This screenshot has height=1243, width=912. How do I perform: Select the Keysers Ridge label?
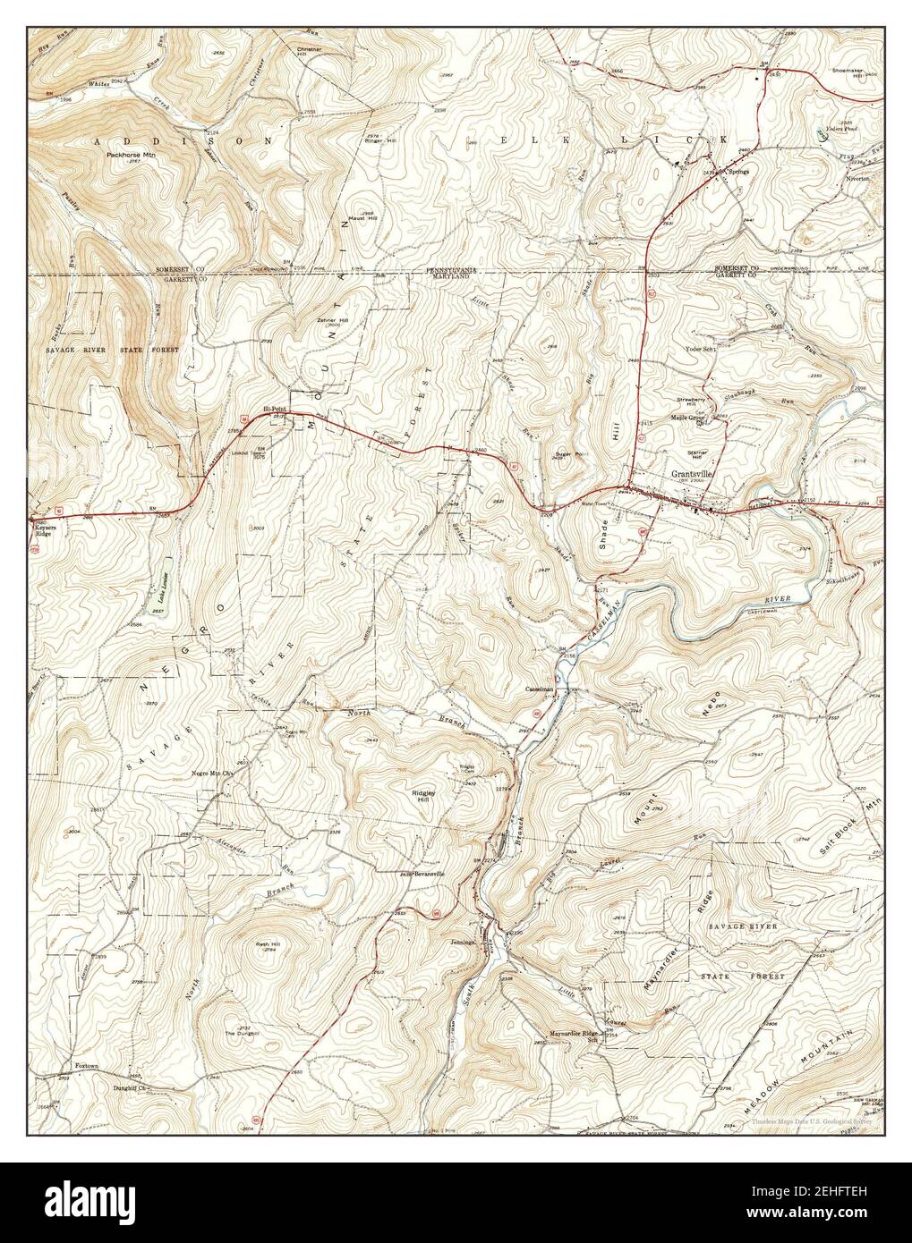tap(44, 534)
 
